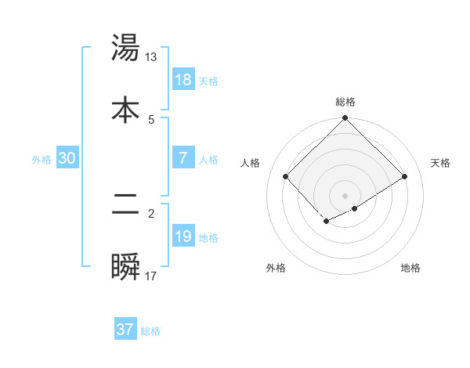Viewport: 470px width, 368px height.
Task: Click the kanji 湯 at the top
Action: click(125, 48)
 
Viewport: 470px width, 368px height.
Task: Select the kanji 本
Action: click(125, 110)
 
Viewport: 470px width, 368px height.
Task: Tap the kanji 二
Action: click(125, 205)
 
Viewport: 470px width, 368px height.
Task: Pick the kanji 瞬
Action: click(125, 267)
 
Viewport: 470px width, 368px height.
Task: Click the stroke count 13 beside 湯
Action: click(151, 57)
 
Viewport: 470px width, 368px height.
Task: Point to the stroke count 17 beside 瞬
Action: click(151, 276)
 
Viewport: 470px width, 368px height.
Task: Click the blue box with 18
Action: click(183, 79)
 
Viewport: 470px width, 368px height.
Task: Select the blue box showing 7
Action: click(183, 157)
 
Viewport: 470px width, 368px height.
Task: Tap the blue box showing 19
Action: click(183, 236)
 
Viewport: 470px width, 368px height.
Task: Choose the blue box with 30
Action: click(67, 157)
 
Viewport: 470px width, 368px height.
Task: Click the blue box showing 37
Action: click(125, 330)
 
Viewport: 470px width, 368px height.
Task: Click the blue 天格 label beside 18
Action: click(208, 81)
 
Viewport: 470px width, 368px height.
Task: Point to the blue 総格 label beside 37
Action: click(150, 332)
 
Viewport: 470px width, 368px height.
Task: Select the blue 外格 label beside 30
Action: click(42, 160)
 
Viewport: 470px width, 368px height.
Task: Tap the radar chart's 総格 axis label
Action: click(345, 102)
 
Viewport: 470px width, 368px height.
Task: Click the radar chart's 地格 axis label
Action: click(411, 268)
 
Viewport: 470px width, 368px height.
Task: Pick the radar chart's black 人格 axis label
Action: click(250, 163)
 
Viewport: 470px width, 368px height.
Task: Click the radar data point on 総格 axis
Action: click(345, 120)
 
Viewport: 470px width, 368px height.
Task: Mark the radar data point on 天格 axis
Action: click(405, 176)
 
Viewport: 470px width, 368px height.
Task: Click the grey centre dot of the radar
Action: click(345, 195)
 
